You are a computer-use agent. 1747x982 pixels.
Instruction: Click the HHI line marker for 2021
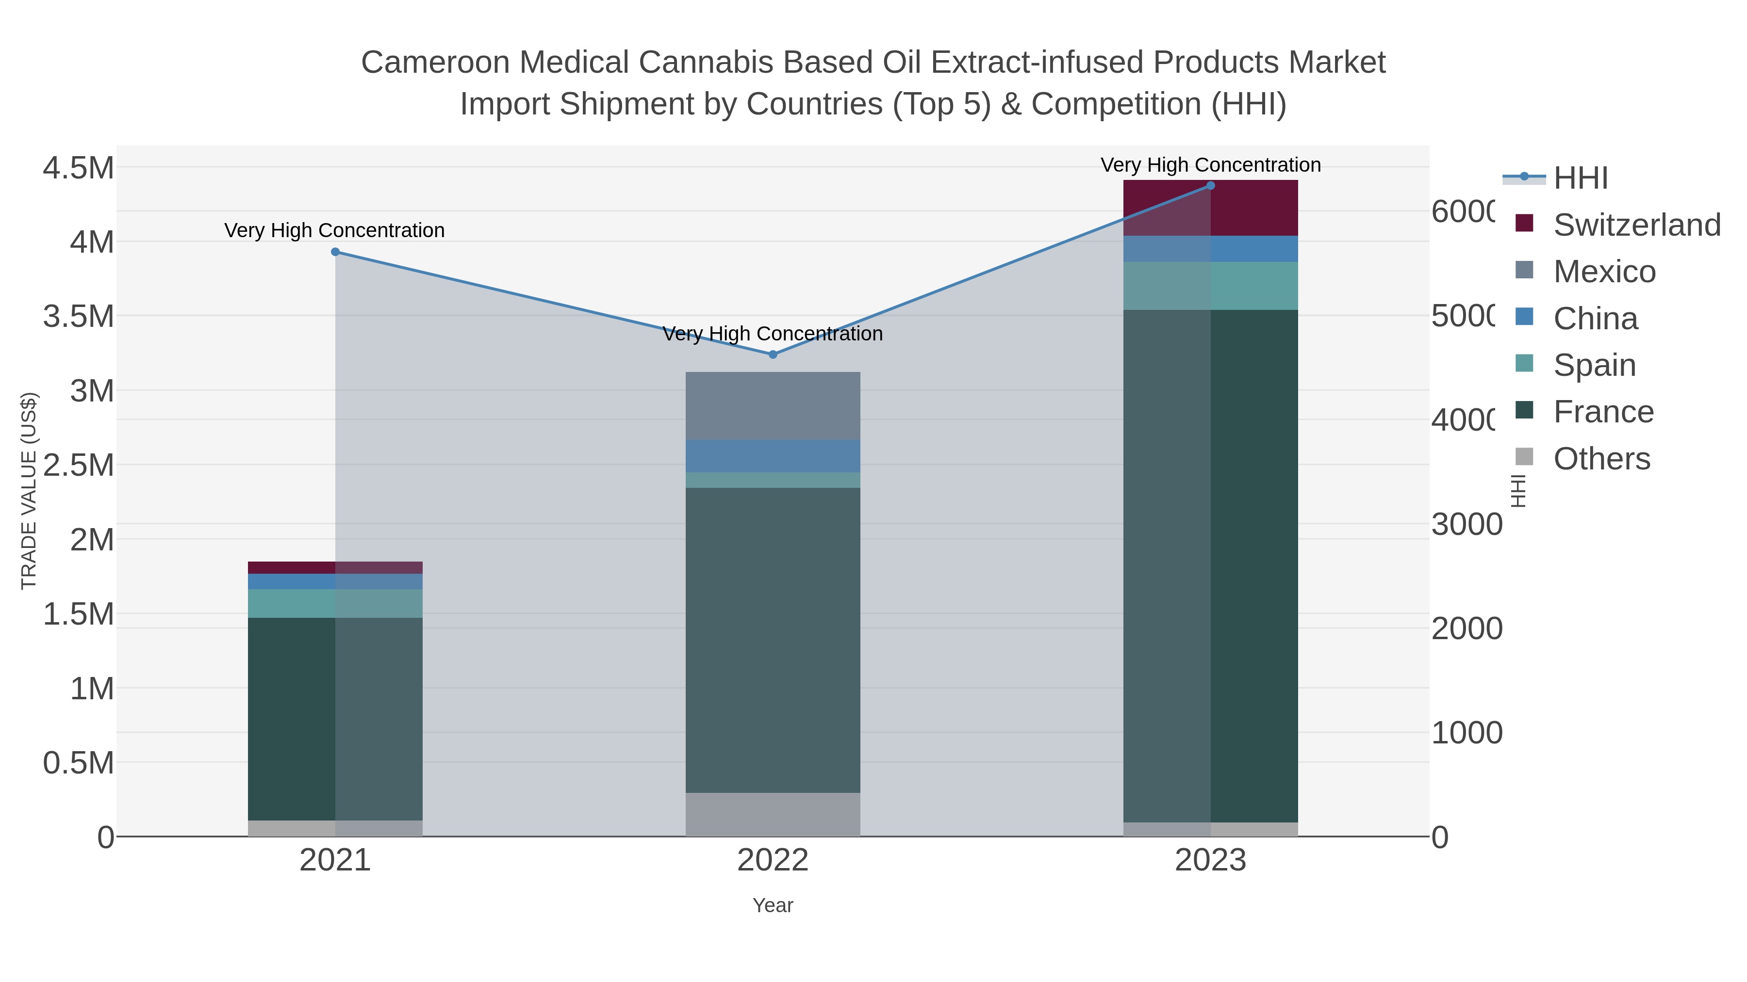335,252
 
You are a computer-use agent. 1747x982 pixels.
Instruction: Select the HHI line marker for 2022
773,354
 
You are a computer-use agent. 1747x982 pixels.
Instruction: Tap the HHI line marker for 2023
1211,186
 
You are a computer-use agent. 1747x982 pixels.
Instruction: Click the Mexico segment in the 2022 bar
773,405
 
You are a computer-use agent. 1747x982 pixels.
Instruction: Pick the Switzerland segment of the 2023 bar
1211,208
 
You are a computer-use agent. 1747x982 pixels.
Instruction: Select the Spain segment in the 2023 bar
1211,286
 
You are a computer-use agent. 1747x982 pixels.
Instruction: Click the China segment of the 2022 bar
773,456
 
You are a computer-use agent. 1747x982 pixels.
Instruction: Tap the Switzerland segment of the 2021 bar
335,568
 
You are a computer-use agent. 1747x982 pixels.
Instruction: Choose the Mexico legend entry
1604,272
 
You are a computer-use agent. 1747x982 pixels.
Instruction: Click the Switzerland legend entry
1636,225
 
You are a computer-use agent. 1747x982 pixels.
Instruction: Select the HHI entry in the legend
1580,178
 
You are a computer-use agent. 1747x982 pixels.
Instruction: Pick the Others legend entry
1601,459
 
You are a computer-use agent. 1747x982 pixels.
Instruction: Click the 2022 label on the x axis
773,861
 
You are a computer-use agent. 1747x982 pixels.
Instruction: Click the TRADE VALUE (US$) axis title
29,491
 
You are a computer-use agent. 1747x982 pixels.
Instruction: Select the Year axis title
773,905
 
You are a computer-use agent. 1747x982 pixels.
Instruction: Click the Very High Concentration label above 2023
1211,165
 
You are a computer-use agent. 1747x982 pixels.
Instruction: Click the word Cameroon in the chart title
435,63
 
